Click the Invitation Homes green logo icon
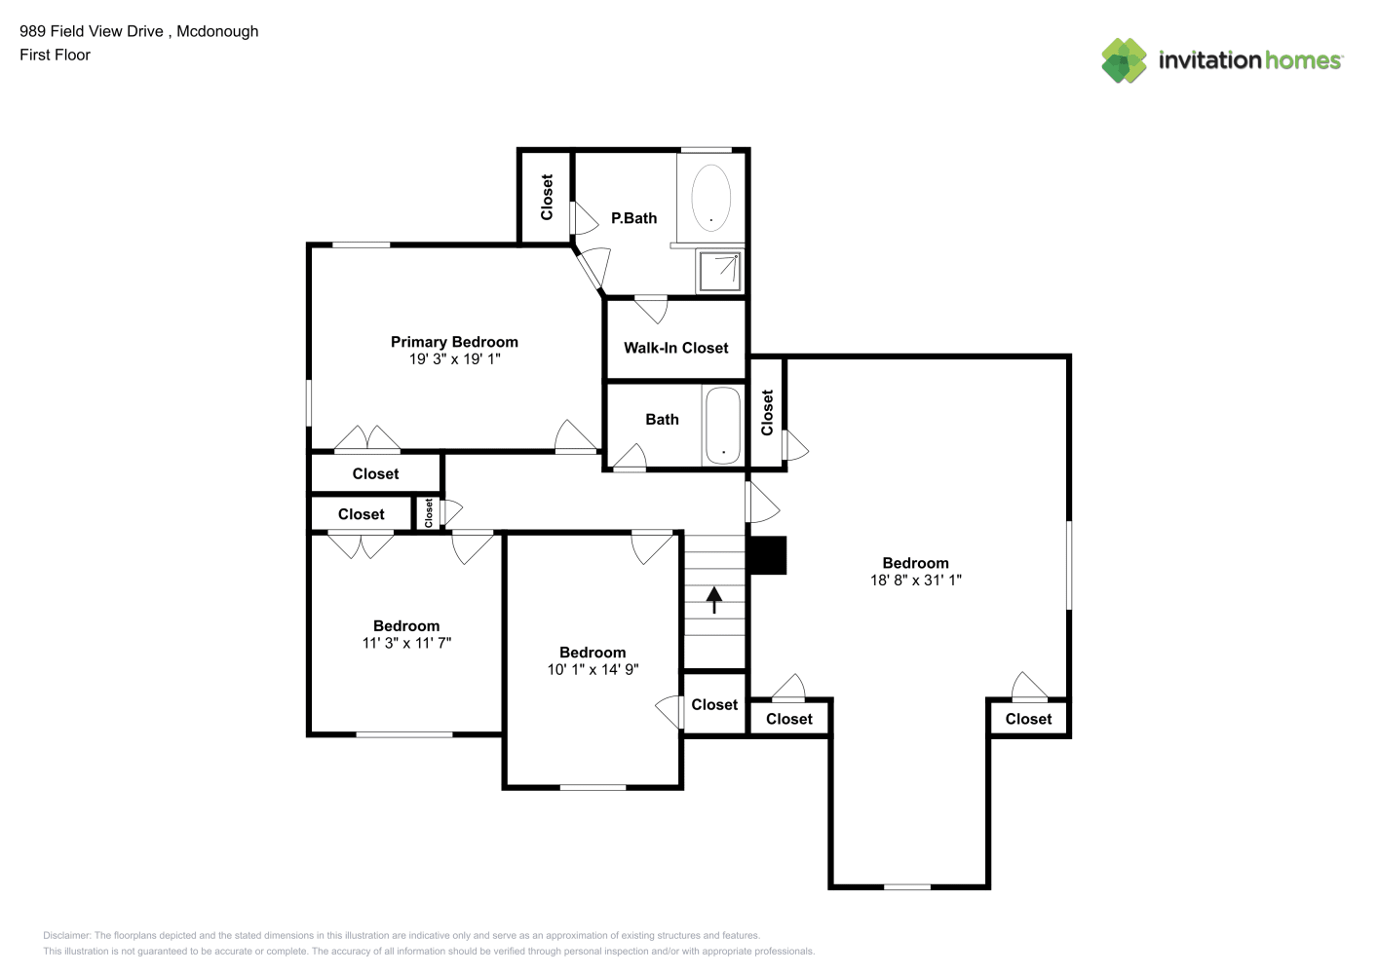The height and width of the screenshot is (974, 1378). click(x=1124, y=60)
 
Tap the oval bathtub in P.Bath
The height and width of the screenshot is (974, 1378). click(x=710, y=198)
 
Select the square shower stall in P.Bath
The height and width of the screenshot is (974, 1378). click(x=720, y=271)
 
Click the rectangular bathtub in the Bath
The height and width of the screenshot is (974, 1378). click(x=723, y=425)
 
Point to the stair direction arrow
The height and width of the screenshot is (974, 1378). click(x=713, y=600)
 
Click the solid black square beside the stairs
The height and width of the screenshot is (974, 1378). click(x=767, y=555)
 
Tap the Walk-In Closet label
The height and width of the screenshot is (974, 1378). click(x=675, y=348)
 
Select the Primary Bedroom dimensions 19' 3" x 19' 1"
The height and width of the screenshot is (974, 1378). click(x=454, y=359)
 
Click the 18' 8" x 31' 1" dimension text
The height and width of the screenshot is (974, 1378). click(x=915, y=580)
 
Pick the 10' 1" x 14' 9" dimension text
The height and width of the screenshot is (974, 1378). click(x=593, y=670)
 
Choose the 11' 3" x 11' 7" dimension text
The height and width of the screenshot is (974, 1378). click(x=406, y=643)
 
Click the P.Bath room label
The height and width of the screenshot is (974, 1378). click(x=633, y=218)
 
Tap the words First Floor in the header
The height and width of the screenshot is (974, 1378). click(x=55, y=55)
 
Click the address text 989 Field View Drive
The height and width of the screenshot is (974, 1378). click(x=92, y=31)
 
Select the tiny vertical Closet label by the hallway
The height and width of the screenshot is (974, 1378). click(x=429, y=513)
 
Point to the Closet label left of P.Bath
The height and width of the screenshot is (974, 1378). click(x=547, y=197)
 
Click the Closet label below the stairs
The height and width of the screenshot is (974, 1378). click(x=714, y=704)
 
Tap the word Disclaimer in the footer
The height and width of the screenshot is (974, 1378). click(x=66, y=935)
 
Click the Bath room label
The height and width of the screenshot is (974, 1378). click(x=662, y=420)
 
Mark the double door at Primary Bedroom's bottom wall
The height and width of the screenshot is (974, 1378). click(x=367, y=438)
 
